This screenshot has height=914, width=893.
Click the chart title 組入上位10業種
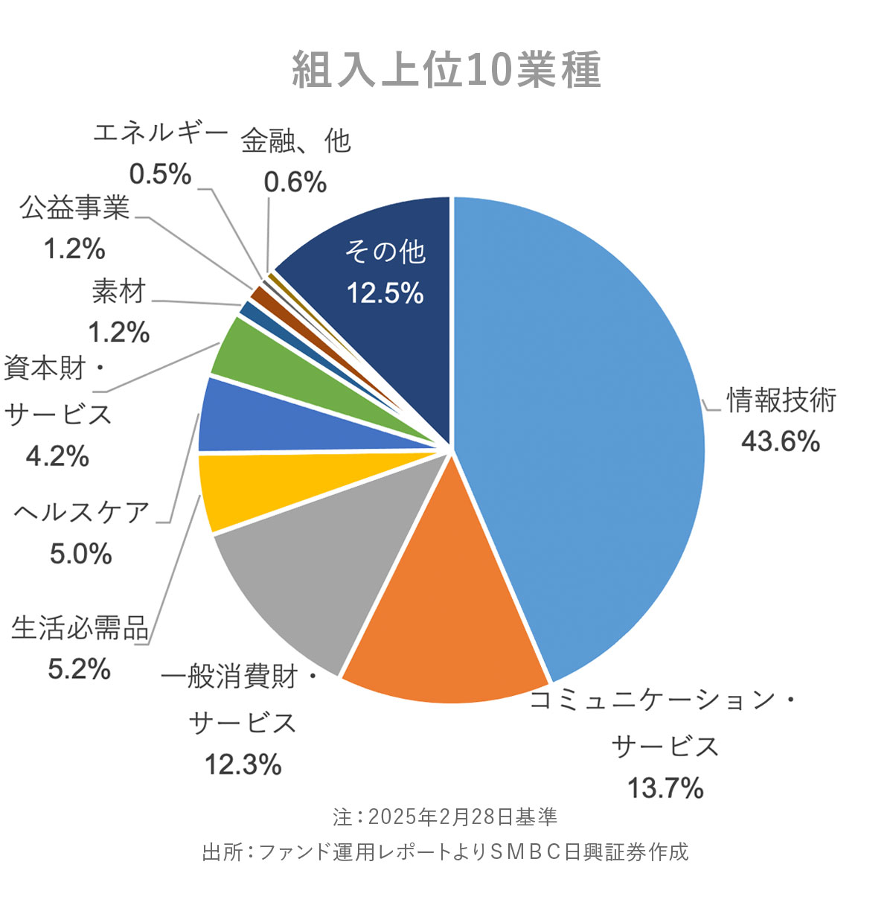[446, 71]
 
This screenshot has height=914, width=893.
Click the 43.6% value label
[780, 441]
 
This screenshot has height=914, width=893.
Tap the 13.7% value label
[665, 787]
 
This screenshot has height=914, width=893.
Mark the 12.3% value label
[243, 764]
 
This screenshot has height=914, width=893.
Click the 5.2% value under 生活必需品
[80, 668]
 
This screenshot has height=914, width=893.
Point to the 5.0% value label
[80, 554]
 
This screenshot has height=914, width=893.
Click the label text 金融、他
[295, 141]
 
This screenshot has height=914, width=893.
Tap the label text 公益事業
[74, 208]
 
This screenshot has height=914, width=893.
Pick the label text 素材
[119, 292]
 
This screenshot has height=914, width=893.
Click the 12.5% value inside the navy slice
[385, 293]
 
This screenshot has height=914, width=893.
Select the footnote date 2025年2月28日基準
[461, 816]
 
